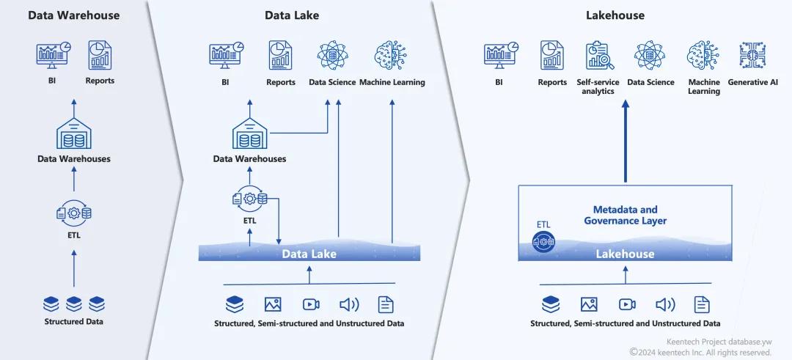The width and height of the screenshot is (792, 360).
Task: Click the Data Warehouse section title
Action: tap(73, 15)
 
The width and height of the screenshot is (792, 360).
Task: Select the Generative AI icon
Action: tap(752, 56)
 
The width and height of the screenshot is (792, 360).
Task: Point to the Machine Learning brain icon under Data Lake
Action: tap(390, 56)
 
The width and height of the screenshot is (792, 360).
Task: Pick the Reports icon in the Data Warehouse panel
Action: tap(100, 55)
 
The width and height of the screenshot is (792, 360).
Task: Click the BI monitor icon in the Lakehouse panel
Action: tap(499, 56)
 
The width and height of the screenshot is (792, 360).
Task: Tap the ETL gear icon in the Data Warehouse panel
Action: tap(74, 213)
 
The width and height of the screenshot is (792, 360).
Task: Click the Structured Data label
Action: tap(73, 321)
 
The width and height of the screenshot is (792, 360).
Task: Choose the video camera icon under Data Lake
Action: tap(311, 304)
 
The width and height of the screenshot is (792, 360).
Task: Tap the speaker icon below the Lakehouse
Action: tap(665, 304)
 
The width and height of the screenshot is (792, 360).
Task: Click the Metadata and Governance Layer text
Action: tap(625, 215)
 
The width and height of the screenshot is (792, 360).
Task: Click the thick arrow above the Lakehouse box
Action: tap(625, 143)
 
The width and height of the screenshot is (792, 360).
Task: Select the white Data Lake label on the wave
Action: tap(309, 254)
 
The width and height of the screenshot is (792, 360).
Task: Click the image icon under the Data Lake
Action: tap(273, 304)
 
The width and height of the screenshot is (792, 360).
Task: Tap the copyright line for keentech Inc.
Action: tap(700, 352)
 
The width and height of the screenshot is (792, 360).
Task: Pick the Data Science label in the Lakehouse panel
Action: tap(650, 82)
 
